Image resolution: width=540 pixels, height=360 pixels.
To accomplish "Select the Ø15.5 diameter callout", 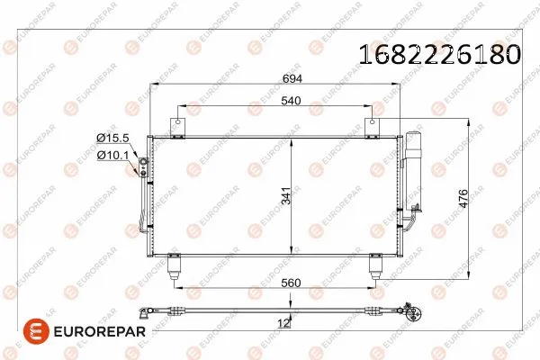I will point(113,137).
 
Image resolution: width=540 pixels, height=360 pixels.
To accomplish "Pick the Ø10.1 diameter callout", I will point(113,155).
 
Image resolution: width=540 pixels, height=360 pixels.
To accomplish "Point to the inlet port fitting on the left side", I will point(140,166).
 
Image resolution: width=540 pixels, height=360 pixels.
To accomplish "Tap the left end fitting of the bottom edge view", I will point(146,313).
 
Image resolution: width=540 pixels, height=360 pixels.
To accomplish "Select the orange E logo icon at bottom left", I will point(36,333).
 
